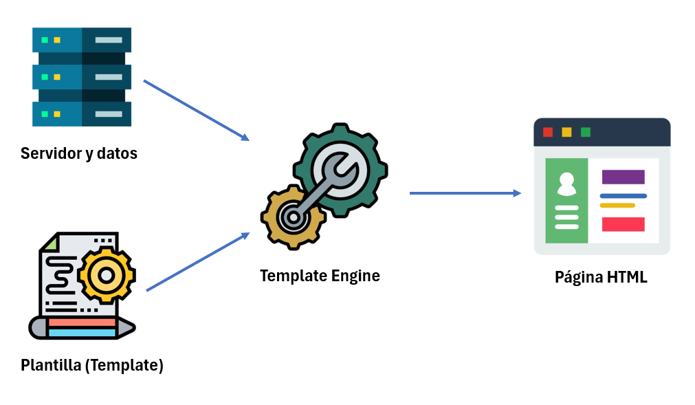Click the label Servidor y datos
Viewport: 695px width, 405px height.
79,153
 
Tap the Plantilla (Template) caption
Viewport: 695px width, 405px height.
92,364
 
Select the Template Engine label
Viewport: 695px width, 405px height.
320,276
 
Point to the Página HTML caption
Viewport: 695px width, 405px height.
601,278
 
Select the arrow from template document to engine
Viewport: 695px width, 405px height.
197,262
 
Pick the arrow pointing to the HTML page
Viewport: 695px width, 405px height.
465,193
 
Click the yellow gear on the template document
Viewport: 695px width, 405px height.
107,274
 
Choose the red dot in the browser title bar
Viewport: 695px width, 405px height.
548,132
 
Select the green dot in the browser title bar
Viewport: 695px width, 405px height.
586,132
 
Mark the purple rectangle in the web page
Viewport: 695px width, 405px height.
623,177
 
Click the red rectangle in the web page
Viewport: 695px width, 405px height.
623,224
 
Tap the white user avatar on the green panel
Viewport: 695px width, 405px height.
566,184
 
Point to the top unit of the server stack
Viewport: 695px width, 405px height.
82,40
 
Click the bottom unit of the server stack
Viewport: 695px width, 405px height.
82,114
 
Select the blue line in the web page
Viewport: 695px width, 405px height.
623,196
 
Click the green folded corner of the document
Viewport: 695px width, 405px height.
49,241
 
